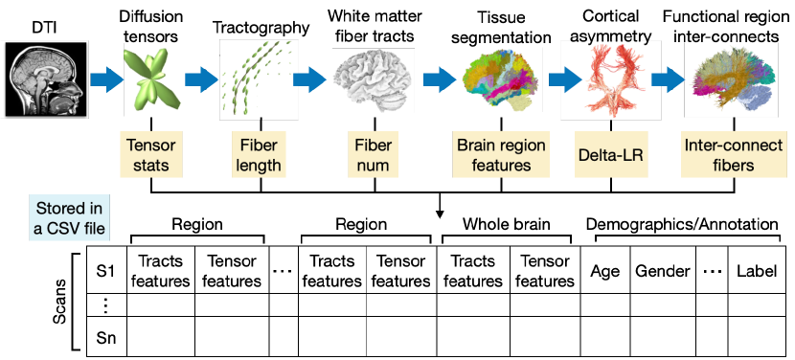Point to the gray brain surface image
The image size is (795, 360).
click(372, 79)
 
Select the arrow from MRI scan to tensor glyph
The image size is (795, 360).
click(107, 79)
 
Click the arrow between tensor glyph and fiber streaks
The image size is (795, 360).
click(202, 79)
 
